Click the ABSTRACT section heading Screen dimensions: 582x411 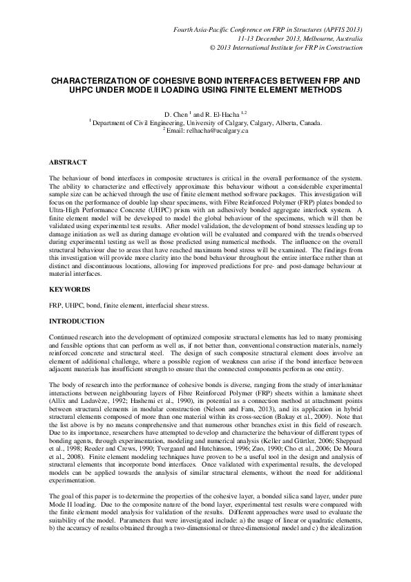pos(67,162)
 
